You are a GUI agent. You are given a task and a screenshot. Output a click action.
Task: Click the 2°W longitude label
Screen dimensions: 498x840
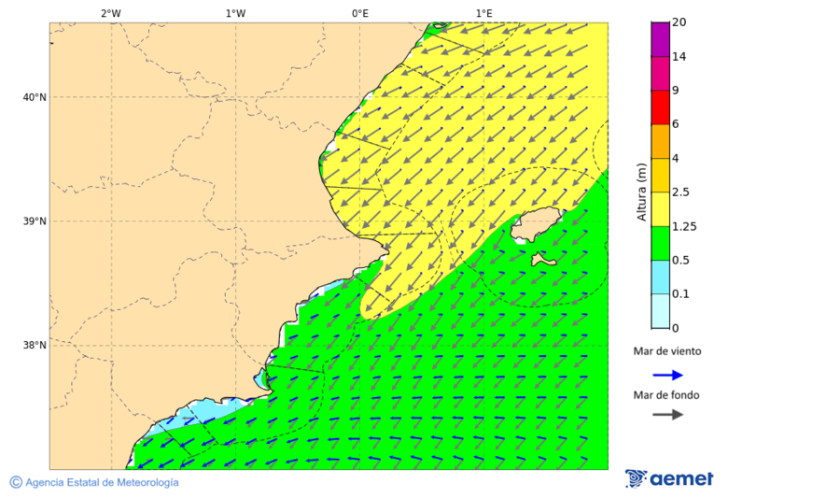coord(110,13)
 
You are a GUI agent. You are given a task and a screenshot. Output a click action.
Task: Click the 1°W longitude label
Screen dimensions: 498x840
coord(235,13)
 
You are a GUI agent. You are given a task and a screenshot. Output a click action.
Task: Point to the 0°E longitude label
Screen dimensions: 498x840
coord(359,13)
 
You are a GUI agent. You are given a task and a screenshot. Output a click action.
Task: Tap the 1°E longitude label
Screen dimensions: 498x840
coord(483,13)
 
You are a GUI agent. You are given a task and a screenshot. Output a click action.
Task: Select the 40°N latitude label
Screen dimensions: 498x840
coord(35,97)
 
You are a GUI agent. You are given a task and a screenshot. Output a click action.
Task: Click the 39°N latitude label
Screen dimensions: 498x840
coord(35,221)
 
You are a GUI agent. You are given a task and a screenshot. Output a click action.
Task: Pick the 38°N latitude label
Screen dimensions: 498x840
coord(35,346)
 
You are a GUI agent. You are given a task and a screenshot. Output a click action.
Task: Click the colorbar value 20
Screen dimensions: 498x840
coord(679,22)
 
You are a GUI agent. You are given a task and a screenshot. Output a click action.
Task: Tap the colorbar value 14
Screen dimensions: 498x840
coord(679,57)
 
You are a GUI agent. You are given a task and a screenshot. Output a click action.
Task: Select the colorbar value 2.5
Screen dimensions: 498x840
coord(682,192)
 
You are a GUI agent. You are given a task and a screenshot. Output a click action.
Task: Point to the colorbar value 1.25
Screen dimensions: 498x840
coord(685,226)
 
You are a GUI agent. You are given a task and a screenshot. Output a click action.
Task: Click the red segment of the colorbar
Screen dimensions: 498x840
coord(660,107)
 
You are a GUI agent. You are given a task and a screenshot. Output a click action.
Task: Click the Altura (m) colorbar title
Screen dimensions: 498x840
coord(641,192)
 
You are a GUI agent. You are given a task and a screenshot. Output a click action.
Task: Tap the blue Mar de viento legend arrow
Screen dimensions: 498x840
coord(667,375)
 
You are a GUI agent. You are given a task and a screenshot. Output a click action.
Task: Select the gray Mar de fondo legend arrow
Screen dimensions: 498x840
coord(667,414)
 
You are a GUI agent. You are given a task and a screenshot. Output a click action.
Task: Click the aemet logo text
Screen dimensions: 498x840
coord(680,479)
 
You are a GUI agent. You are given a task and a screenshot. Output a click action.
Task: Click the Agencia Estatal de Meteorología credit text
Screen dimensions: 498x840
coord(101,482)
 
